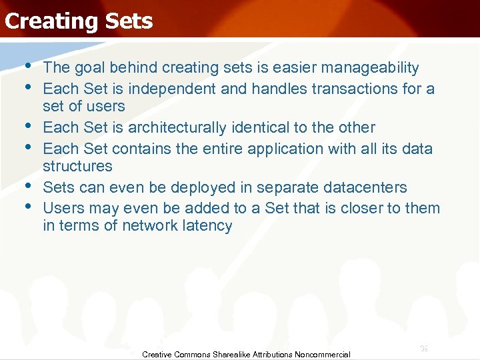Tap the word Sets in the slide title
(128, 21)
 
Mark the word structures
(77, 166)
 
